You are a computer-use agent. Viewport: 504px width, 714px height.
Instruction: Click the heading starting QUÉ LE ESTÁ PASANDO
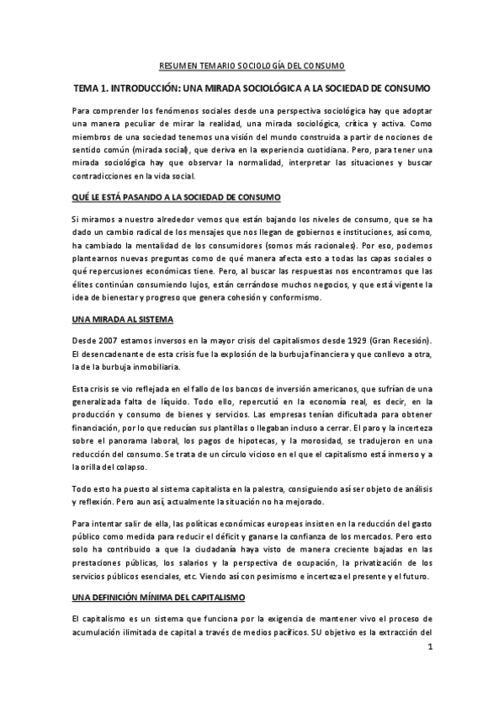pos(164,197)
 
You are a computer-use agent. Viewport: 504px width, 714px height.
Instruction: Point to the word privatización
pos(369,564)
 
